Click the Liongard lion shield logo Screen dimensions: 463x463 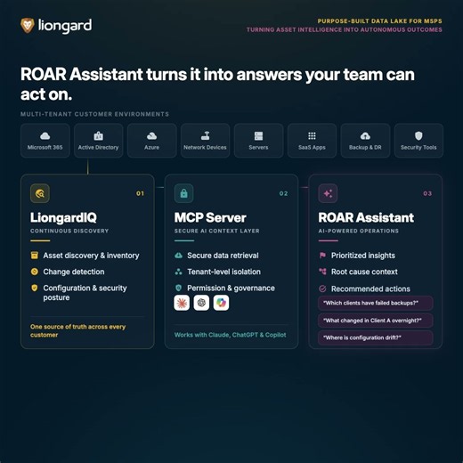tap(28, 25)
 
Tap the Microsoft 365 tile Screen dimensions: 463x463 tap(45, 141)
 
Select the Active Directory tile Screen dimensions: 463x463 tap(99, 141)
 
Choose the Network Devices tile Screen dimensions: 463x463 tap(205, 141)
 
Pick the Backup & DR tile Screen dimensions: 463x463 tap(365, 141)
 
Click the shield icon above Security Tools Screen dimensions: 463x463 tap(418, 136)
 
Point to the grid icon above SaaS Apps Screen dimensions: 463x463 tap(312, 136)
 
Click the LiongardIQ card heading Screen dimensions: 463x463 tap(63, 217)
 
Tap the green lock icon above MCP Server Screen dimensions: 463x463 tap(184, 193)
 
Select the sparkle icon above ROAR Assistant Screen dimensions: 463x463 tap(328, 193)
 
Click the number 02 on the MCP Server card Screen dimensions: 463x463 tap(283, 193)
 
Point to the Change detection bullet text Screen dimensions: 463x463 tap(74, 272)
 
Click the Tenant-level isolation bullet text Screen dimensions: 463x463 tap(223, 272)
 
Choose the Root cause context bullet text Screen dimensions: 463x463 tap(364, 272)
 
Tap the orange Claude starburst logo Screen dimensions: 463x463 tap(182, 303)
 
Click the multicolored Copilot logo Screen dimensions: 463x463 tap(221, 303)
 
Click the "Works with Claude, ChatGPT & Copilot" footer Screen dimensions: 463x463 tap(231, 335)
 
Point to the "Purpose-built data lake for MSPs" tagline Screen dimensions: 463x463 tap(379, 21)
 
